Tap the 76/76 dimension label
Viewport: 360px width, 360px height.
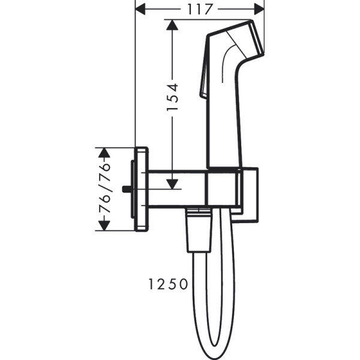point(104,189)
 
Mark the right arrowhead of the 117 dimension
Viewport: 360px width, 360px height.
point(260,8)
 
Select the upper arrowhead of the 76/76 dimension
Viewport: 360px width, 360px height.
point(104,152)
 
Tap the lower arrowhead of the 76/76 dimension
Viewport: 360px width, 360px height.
point(104,227)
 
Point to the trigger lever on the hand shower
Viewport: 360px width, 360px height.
point(202,81)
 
